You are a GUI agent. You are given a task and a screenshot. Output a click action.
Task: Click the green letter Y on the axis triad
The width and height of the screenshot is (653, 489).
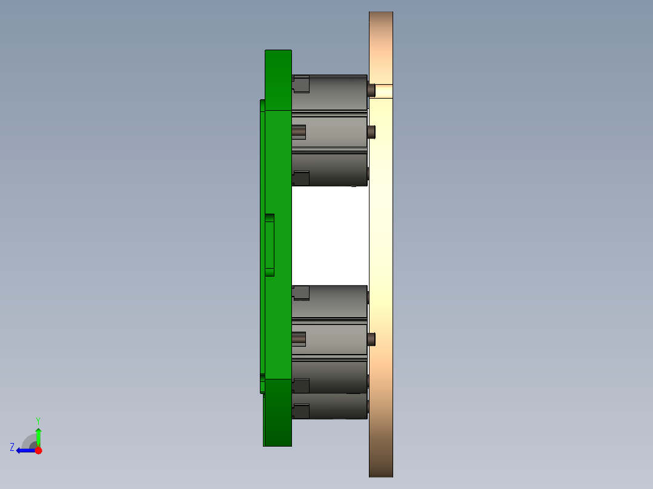pos(38,420)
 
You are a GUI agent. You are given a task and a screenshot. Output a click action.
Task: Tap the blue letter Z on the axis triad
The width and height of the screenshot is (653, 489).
pos(12,447)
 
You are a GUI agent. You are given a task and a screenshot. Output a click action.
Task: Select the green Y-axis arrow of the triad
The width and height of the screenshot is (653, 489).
pos(38,435)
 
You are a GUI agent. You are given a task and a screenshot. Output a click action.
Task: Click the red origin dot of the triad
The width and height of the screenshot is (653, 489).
pos(38,450)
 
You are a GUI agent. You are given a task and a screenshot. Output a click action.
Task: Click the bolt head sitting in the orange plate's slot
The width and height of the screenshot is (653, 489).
pos(371,90)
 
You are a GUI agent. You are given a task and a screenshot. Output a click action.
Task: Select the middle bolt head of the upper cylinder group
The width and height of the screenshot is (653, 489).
pos(371,131)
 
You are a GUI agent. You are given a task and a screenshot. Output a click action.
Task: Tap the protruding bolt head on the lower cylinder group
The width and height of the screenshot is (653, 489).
pos(371,339)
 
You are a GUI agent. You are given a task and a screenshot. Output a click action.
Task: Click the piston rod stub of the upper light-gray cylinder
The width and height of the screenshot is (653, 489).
pos(299,131)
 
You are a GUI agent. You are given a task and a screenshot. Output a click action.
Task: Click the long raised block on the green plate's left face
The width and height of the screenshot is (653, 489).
pos(270,245)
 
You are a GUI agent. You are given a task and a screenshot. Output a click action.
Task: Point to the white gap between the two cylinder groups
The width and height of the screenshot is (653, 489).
pos(330,236)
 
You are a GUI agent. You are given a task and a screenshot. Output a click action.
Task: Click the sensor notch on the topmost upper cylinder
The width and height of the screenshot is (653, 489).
pos(301,84)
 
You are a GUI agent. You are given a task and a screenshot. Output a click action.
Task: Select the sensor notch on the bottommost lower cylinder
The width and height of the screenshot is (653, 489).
pos(301,412)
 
